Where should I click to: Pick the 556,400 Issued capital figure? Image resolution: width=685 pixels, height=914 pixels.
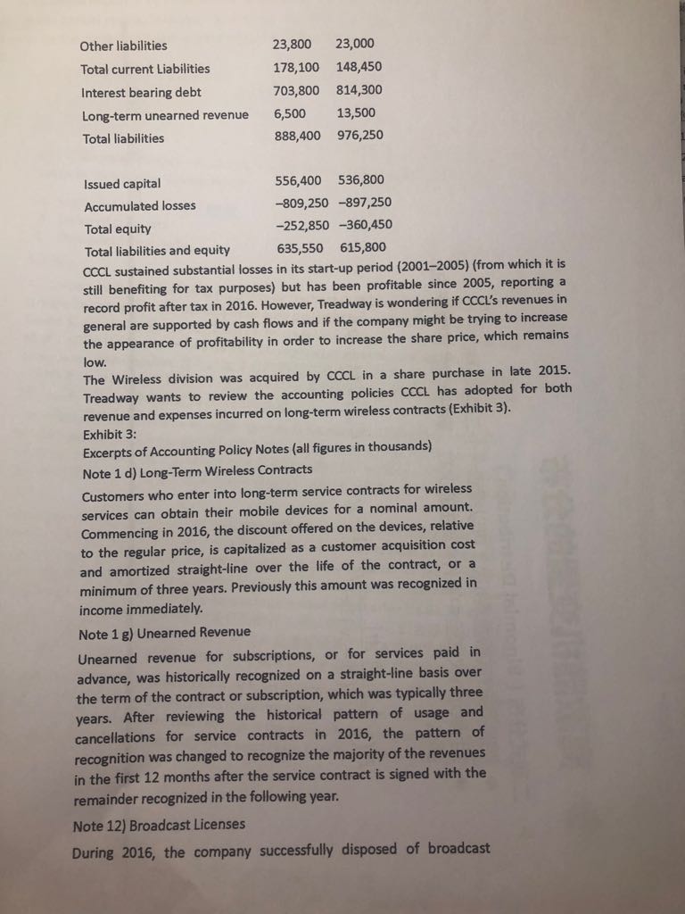(x=296, y=180)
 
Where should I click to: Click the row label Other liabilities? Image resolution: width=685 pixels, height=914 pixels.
(x=123, y=46)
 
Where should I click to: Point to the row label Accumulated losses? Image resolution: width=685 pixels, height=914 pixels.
(x=139, y=205)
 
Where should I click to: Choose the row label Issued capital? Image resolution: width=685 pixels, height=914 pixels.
(x=122, y=184)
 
